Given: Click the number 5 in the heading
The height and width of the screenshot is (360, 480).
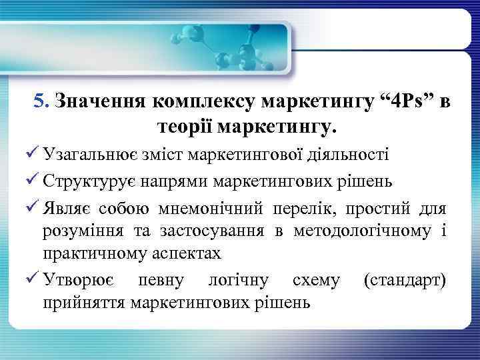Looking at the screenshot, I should click(x=39, y=102).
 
